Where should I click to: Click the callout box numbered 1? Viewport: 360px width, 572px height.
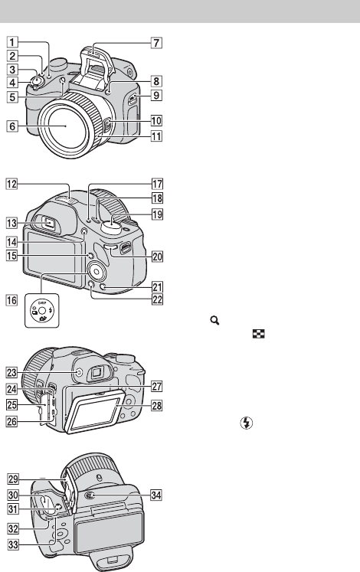pos(12,42)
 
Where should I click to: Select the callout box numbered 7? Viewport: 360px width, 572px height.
pos(156,43)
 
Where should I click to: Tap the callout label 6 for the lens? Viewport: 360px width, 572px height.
pos(12,126)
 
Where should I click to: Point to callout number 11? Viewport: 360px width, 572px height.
pos(156,136)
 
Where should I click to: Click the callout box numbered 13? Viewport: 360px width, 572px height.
pos(12,223)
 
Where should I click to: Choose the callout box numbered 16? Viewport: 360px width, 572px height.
pos(12,300)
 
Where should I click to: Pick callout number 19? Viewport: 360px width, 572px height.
pos(157,214)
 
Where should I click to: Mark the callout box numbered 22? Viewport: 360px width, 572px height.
pos(157,299)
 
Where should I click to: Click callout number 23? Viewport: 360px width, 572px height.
pos(12,372)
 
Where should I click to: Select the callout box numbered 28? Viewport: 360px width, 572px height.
pos(156,405)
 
